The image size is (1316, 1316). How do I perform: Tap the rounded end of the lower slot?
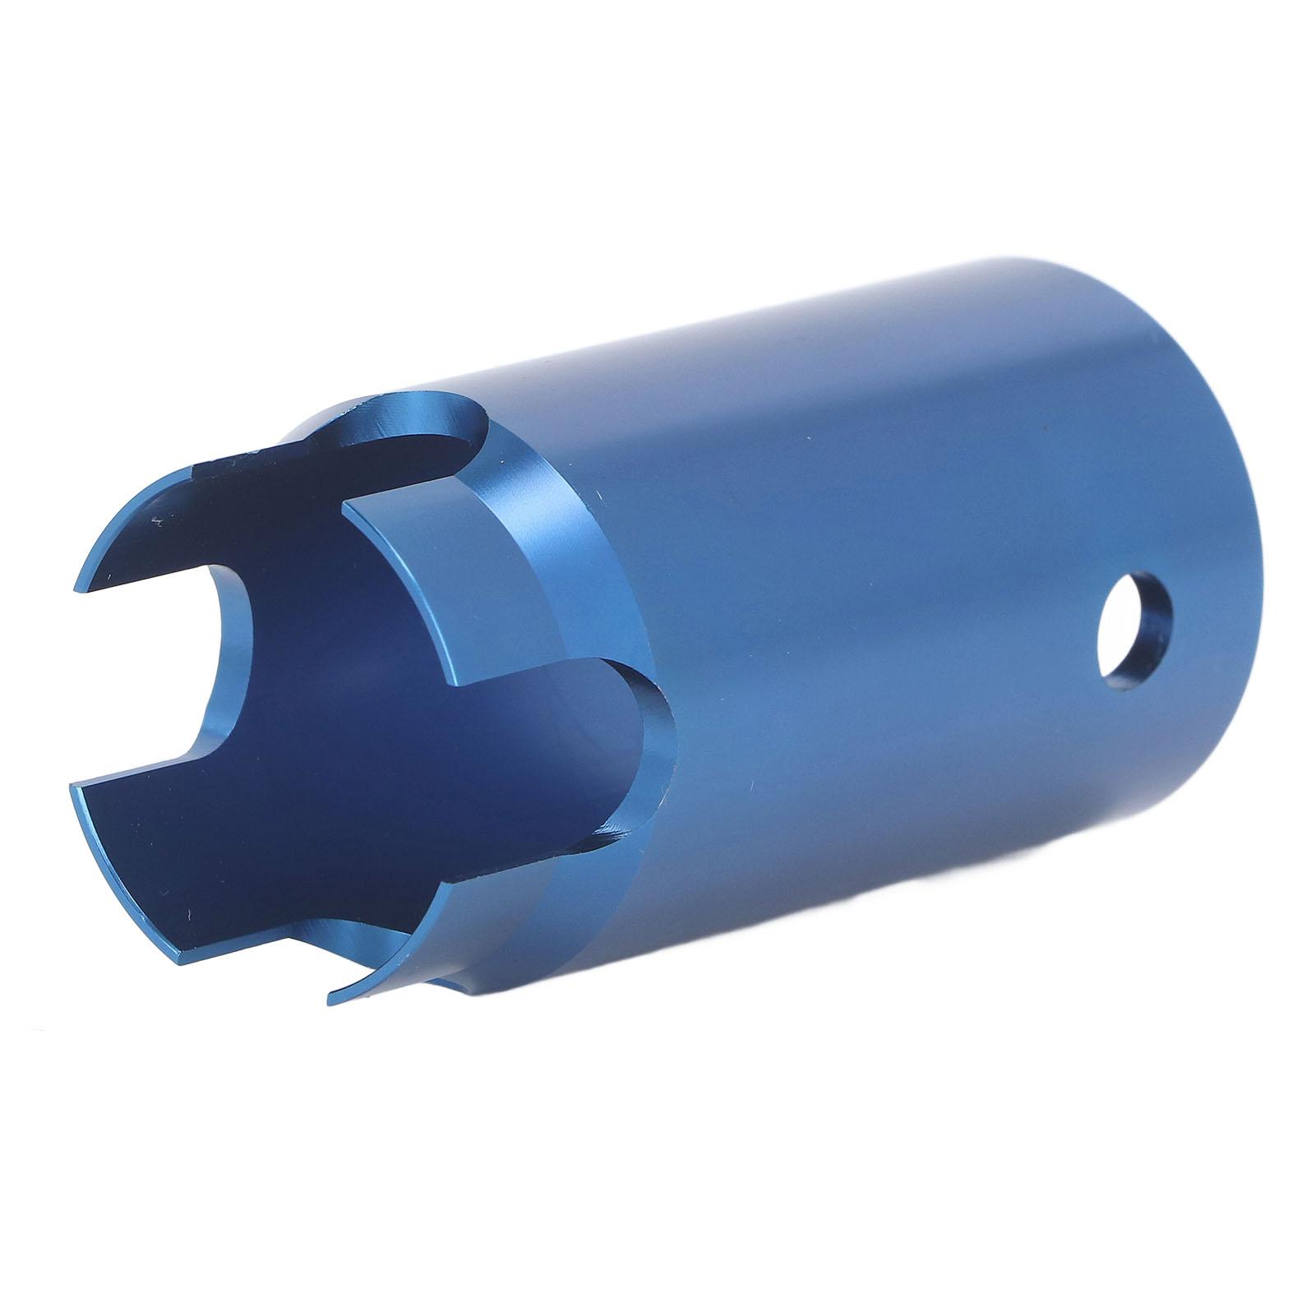click(649, 723)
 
